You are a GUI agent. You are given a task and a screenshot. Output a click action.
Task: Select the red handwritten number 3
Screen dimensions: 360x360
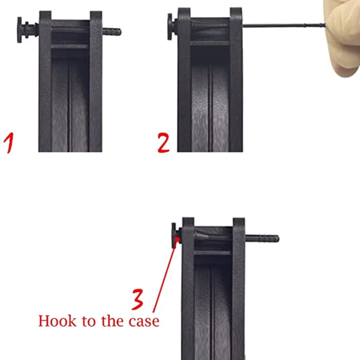(138, 299)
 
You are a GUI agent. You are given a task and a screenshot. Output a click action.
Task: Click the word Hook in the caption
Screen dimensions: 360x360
(53, 321)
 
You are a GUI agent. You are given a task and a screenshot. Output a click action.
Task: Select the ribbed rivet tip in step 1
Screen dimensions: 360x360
(112, 32)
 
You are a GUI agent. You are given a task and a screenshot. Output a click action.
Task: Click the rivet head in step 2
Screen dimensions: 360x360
(170, 26)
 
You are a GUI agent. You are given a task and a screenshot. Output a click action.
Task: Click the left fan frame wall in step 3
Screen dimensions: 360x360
(188, 292)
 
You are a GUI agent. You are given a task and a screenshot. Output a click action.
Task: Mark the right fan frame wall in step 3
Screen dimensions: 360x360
(238, 292)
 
